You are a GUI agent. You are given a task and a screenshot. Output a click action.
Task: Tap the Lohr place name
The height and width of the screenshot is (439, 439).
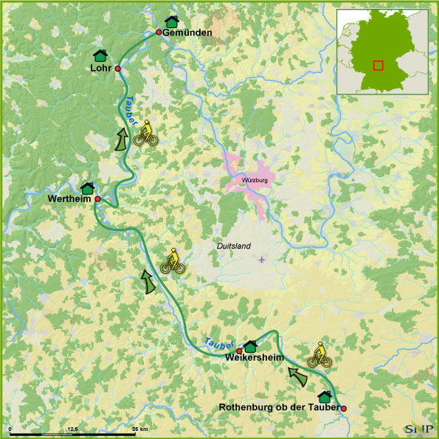100,68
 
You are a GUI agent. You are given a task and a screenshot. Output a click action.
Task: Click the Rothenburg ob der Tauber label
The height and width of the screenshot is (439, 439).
280,407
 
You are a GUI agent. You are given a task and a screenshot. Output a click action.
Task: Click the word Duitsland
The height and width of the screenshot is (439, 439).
234,246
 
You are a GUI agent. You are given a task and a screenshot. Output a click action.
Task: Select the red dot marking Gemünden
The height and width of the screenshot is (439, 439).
158,32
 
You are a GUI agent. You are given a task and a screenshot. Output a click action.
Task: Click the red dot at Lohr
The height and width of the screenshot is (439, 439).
117,68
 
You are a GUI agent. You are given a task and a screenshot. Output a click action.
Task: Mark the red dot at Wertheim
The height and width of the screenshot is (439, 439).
97,199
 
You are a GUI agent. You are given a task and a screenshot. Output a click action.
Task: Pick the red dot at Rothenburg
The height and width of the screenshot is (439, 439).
343,408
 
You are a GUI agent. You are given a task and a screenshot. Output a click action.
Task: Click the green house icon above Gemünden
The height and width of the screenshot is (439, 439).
172,21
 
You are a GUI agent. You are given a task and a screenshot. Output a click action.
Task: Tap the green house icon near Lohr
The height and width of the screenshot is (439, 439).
100,55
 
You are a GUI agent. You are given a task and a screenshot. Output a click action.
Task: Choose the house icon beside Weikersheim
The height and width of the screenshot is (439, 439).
249,345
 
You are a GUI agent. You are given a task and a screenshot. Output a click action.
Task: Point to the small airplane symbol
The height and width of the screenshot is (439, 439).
261,259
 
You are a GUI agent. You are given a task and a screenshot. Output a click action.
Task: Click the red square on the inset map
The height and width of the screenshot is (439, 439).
378,65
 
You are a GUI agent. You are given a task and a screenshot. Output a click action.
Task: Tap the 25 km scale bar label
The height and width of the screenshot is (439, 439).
139,429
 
